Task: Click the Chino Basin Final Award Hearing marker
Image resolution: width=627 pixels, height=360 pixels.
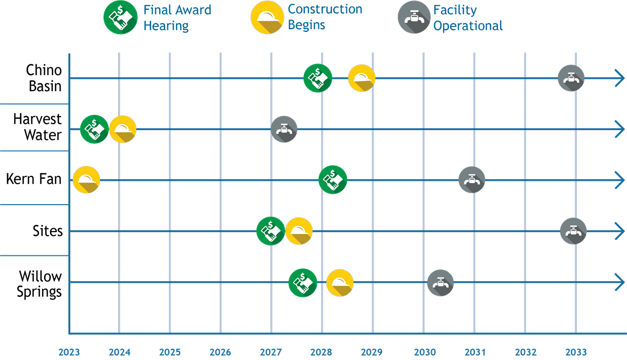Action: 317,78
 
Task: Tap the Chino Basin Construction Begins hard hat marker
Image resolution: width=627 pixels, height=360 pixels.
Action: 362,78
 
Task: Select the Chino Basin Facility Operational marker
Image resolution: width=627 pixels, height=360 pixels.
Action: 571,78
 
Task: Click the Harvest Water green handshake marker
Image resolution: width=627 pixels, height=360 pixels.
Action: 94,129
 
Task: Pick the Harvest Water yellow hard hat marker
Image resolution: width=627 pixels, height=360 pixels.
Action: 123,129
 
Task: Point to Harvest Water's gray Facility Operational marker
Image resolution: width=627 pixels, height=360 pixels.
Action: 284,129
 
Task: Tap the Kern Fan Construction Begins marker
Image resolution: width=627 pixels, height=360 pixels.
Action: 86,180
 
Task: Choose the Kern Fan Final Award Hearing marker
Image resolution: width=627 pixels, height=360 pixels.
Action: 333,180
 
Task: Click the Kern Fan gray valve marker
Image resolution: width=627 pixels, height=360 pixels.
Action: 472,180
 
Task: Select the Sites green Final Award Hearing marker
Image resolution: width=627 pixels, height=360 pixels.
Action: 271,231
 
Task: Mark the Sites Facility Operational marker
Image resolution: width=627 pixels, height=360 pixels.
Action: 574,231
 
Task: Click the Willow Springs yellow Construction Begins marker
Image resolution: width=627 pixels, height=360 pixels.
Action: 340,283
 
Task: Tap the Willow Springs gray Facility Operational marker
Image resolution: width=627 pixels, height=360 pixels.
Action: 440,283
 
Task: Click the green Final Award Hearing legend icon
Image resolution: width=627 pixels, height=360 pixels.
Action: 120,17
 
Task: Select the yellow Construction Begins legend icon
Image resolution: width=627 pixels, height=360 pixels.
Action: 267,17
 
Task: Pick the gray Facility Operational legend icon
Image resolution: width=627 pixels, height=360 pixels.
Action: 414,17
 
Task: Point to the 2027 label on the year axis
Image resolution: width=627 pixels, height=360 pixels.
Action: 271,352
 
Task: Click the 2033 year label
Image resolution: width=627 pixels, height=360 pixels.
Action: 576,352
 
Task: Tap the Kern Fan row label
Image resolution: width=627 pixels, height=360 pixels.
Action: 34,179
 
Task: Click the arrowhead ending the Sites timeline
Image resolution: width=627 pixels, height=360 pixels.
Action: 620,231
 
